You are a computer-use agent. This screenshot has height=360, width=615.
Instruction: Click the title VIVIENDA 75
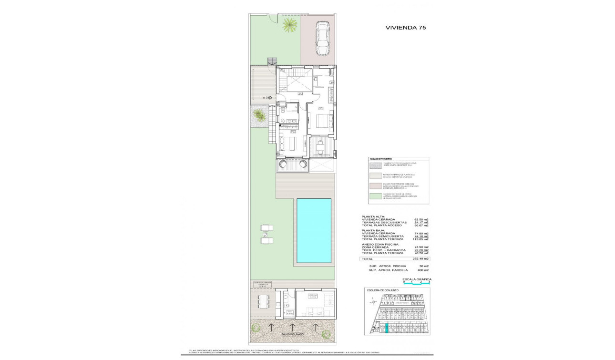click(405, 28)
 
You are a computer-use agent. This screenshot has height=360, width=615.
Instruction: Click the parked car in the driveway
click(322, 40)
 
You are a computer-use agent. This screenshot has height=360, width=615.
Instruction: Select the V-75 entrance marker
click(267, 98)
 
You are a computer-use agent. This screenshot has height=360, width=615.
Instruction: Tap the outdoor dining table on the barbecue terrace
click(262, 302)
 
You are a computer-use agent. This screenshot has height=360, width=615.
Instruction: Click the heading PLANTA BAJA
click(374, 230)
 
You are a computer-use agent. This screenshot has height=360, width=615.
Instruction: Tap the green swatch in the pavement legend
click(375, 196)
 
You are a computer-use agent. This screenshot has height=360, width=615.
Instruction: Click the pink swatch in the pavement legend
click(375, 186)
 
